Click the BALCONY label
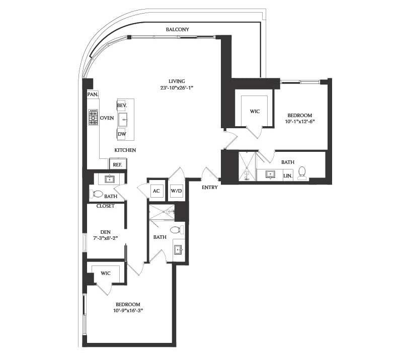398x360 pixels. (x=177, y=30)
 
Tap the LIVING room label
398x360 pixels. (x=177, y=81)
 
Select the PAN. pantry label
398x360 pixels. (x=92, y=94)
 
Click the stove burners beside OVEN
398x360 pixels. (x=93, y=117)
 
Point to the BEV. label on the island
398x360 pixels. (x=121, y=106)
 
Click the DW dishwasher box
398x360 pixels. (x=121, y=134)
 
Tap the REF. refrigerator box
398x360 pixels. (x=117, y=164)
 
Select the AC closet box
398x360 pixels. (x=156, y=191)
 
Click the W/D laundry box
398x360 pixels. (x=176, y=191)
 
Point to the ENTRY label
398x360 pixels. (x=209, y=188)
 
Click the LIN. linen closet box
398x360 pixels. (x=287, y=175)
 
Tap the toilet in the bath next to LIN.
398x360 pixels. (x=302, y=173)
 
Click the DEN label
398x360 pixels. (x=105, y=232)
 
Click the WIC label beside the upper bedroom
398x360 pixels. (x=255, y=112)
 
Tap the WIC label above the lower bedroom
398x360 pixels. (x=105, y=273)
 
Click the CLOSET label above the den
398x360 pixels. (x=106, y=206)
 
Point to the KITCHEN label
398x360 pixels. (x=125, y=150)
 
